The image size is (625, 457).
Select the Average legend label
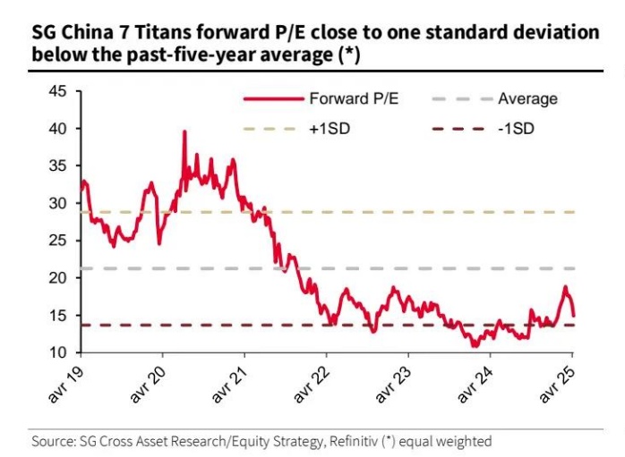[x=527, y=99]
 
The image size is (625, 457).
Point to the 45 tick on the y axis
[x=58, y=91]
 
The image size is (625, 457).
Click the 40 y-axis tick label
[x=58, y=129]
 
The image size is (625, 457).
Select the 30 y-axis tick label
[x=58, y=203]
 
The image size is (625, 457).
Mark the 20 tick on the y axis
[x=58, y=278]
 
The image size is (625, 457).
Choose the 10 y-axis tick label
[x=58, y=352]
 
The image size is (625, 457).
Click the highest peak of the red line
[x=184, y=131]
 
